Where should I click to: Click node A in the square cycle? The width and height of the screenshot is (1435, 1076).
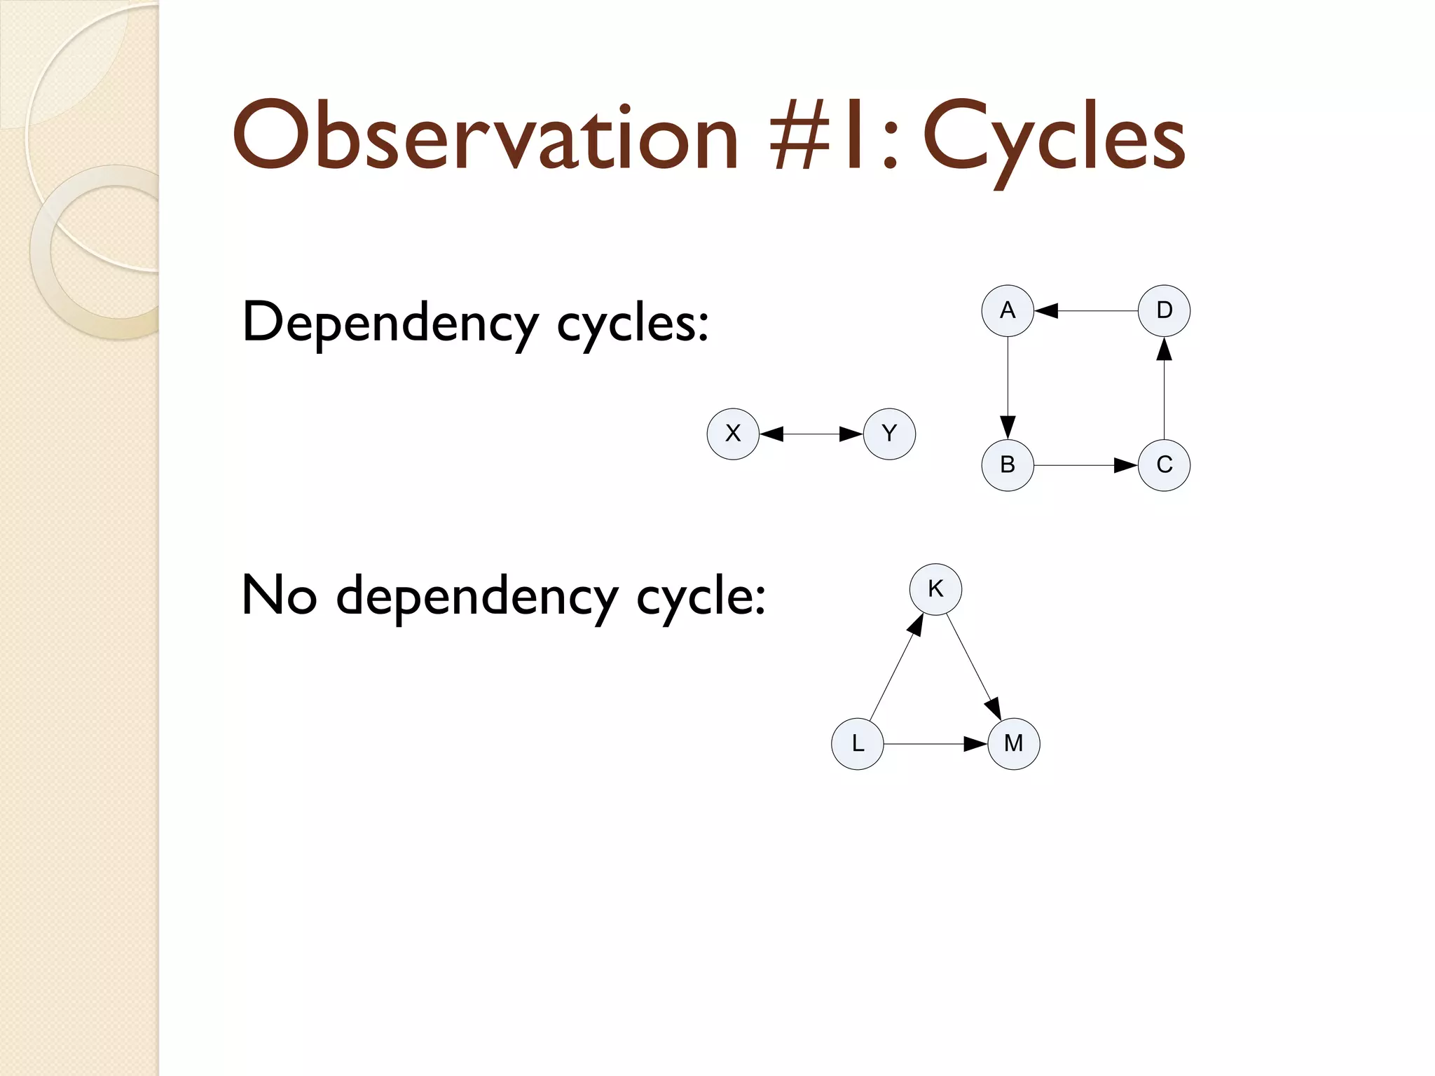coord(1008,310)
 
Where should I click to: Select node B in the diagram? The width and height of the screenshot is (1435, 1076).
coord(1008,464)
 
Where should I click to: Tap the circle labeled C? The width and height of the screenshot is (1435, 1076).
coord(1164,464)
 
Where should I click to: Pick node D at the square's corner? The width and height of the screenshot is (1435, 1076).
coord(1164,310)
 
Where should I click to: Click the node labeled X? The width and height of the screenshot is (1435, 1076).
coord(733,434)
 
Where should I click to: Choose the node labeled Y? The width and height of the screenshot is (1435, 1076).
coord(889,434)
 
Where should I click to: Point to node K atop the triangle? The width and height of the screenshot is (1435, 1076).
coord(935,589)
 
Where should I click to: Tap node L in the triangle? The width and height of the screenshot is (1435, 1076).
coord(858,743)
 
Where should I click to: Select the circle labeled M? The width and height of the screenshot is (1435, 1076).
coord(1013,743)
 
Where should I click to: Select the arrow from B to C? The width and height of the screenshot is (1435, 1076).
coord(1086,465)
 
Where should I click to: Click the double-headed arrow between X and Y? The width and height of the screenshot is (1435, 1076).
coord(811,434)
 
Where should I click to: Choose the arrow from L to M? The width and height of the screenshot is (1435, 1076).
coord(935,744)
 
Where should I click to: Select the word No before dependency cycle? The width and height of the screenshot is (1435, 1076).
coord(279,595)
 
